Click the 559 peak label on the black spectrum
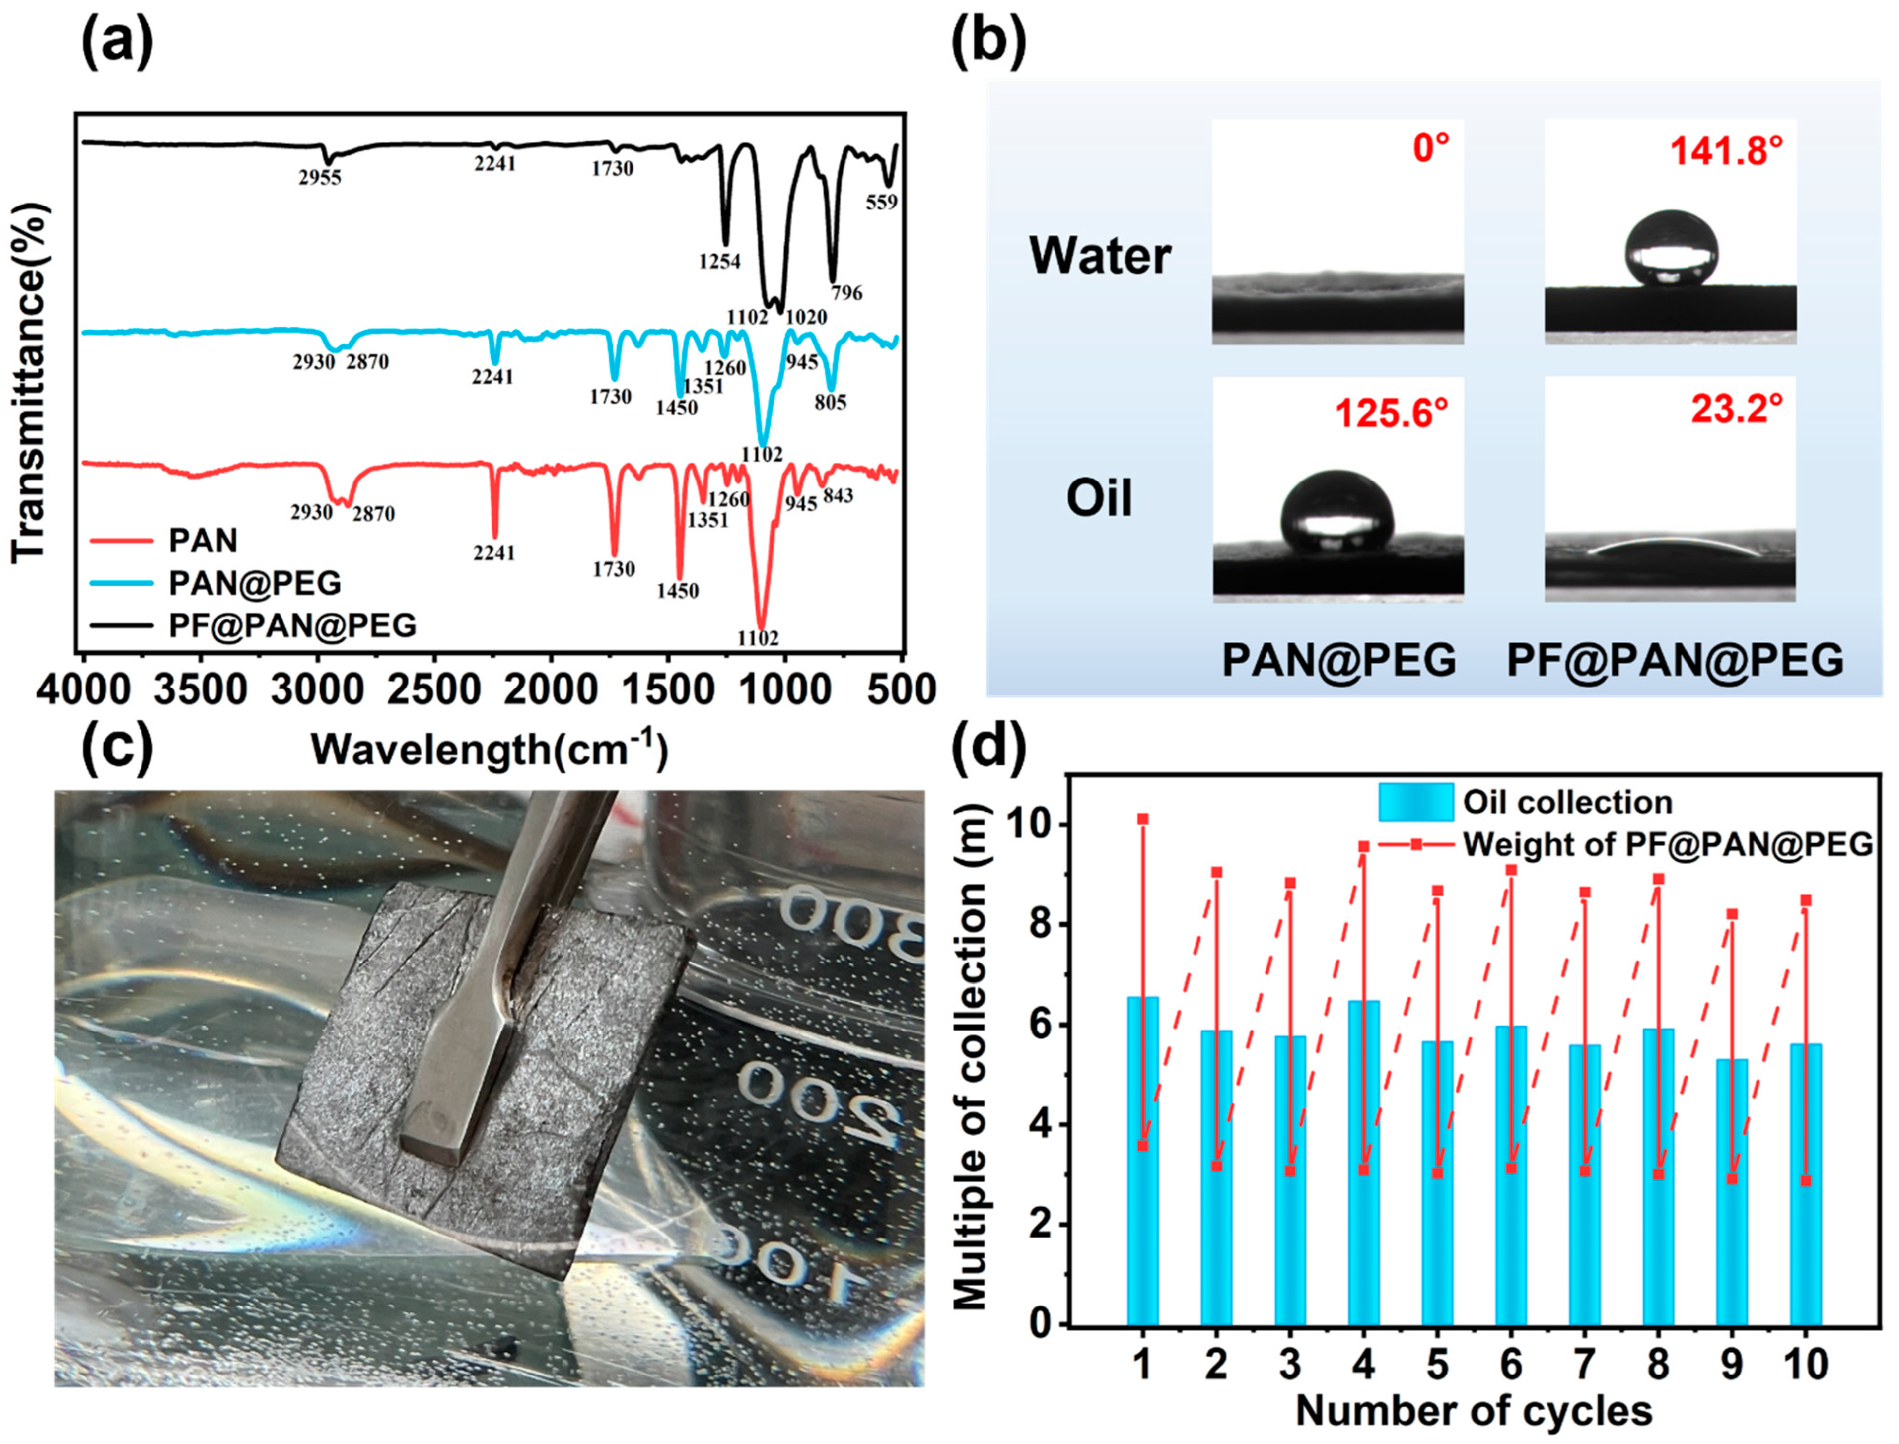(881, 203)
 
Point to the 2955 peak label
(320, 178)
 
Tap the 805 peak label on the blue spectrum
(831, 402)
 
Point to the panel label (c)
(118, 745)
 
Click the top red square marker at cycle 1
(1142, 819)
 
